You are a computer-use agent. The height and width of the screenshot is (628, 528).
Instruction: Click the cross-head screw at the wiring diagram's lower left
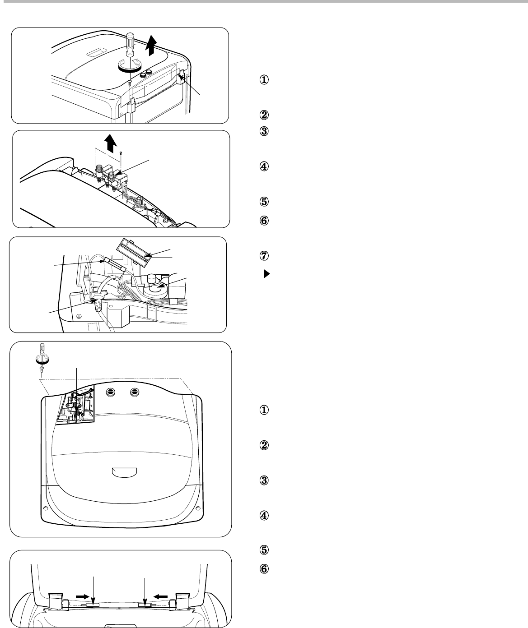click(x=79, y=316)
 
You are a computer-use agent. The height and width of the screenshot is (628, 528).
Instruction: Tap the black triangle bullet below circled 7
click(x=266, y=274)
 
